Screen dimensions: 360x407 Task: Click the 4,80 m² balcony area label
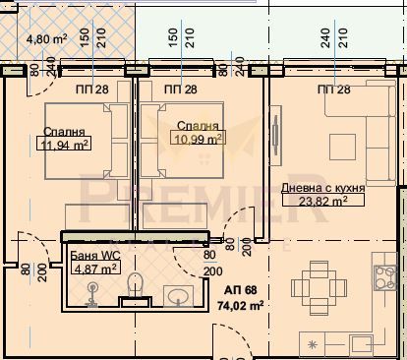[x=45, y=39]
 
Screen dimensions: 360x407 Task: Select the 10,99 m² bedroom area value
[x=198, y=140]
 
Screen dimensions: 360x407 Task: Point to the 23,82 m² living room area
[x=323, y=200]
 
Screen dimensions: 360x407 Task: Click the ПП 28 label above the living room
[x=333, y=90]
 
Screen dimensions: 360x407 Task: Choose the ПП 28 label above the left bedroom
[x=91, y=90]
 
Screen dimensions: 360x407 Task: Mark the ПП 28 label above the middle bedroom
[x=181, y=90]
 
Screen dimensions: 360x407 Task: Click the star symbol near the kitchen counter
[x=313, y=345]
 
